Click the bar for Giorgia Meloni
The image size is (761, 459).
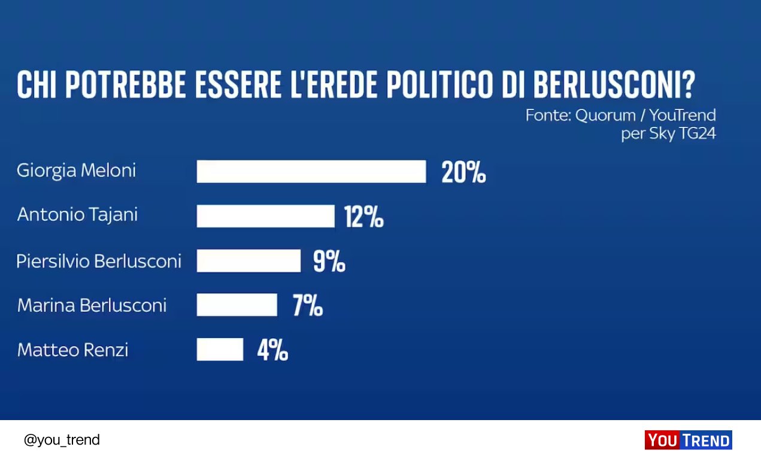311,171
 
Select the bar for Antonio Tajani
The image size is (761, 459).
265,216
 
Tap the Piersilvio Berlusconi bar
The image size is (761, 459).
248,261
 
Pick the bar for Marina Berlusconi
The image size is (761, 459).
237,305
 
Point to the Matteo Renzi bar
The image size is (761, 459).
220,349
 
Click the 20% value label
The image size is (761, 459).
463,172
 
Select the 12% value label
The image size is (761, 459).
364,217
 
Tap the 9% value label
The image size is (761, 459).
329,262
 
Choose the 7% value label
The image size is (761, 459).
308,306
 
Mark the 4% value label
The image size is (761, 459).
272,350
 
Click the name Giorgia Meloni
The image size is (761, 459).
77,171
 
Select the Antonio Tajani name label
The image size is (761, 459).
77,215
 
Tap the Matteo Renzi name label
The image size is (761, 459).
72,349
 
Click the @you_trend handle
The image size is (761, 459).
62,440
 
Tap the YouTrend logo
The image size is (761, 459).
688,440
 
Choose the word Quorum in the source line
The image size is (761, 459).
604,115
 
